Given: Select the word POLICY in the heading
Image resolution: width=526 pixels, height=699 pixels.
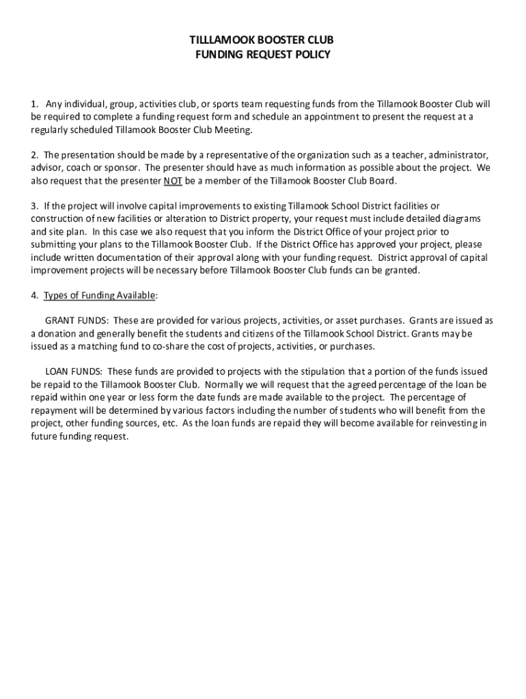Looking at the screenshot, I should click(x=312, y=55).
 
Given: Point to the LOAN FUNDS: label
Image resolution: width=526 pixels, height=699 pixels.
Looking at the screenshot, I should click(x=74, y=371).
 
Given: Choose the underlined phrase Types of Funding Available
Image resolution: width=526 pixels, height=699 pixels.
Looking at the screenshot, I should click(x=100, y=295).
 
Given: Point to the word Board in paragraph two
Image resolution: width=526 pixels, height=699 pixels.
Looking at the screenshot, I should click(x=380, y=181).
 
